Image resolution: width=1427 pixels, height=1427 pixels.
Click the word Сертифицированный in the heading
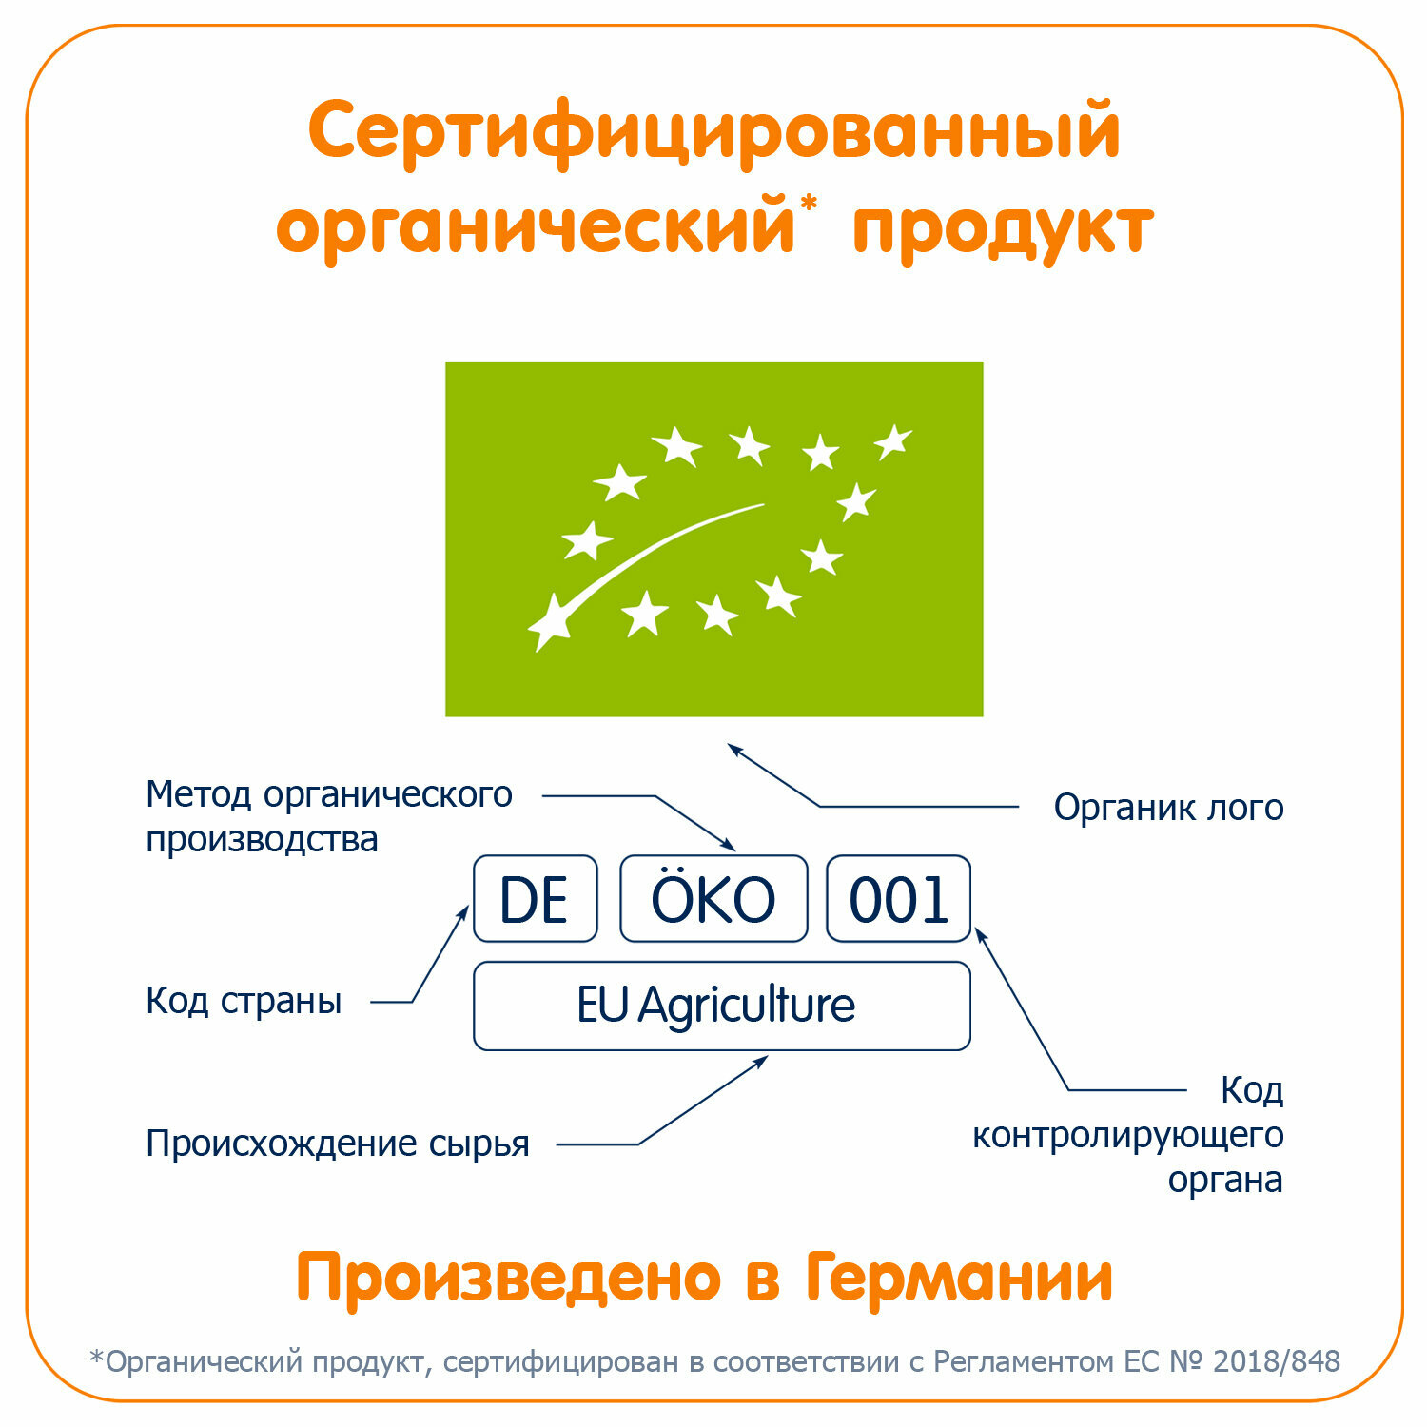tap(713, 133)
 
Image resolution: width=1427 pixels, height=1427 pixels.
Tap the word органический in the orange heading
tap(535, 228)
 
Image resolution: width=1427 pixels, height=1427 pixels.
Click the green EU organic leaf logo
tap(713, 538)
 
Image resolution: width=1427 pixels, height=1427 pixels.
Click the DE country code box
tap(535, 899)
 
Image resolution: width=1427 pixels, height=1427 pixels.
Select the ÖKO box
tap(713, 899)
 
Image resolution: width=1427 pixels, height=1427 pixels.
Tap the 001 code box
tap(898, 899)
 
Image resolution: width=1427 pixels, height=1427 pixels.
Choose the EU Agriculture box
tap(721, 1006)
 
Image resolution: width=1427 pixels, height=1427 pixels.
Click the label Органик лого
tap(1168, 808)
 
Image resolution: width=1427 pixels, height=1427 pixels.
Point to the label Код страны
tap(244, 1001)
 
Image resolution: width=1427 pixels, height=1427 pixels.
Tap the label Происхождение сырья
tap(338, 1144)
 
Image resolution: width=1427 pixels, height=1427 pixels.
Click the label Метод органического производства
tap(328, 816)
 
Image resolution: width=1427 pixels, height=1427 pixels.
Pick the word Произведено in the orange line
tap(509, 1277)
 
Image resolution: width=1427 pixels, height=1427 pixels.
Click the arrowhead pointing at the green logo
tap(734, 750)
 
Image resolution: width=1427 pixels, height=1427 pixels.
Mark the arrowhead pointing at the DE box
tap(464, 911)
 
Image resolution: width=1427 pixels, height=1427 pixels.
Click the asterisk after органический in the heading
tap(809, 203)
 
